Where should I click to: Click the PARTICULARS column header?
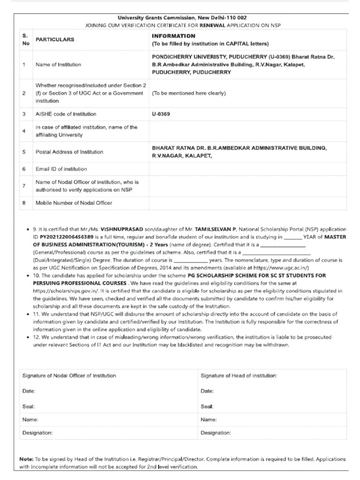tap(55, 40)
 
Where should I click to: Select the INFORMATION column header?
tap(173, 36)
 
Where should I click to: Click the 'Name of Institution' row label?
tap(58, 65)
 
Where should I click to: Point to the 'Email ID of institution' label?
tap(61, 169)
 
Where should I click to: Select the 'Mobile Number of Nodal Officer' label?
tap(74, 203)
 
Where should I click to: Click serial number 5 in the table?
tap(24, 152)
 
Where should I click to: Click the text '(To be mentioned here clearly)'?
tap(189, 93)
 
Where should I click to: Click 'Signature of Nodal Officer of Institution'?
tap(69, 375)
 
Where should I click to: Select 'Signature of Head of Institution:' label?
tap(239, 375)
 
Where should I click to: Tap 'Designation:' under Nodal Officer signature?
tap(37, 433)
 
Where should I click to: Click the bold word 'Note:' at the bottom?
tap(26, 459)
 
